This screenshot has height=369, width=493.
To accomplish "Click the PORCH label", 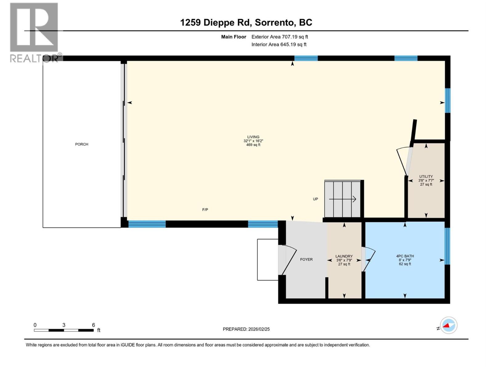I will (82, 144).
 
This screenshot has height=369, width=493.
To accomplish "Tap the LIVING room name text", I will (253, 137).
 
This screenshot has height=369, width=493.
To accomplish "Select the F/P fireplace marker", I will (205, 210).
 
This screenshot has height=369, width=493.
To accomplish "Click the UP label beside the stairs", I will (315, 199).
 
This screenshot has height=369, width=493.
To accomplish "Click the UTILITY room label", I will (426, 177).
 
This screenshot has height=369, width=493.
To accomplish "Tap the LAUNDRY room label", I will (344, 256).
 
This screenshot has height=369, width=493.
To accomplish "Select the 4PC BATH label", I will (405, 256).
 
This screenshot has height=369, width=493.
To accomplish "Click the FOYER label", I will (306, 260).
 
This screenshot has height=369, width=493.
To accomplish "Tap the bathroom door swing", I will (369, 259).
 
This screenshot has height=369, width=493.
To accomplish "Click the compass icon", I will (448, 325).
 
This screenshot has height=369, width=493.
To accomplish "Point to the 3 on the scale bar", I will (64, 325).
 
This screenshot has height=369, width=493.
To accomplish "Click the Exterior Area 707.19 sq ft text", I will (279, 37).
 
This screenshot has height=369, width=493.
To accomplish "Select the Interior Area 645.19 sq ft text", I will (279, 45).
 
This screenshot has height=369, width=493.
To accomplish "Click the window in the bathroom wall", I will (447, 246).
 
